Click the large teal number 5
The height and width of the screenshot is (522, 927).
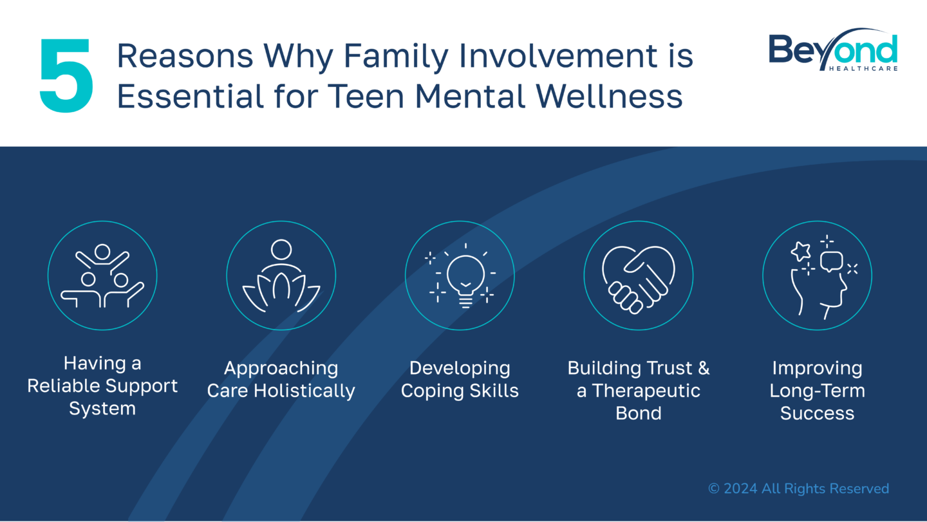[x=66, y=75]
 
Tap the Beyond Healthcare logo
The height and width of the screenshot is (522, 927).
[x=833, y=50]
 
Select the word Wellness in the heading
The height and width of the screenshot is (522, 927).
[x=609, y=97]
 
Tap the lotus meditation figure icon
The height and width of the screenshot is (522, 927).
[x=281, y=275]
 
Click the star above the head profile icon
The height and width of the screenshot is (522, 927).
[x=801, y=251]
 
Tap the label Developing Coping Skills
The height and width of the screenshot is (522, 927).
[x=460, y=379]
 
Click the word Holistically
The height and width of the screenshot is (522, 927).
[x=304, y=391]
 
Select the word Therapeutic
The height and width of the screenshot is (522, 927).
[x=646, y=391]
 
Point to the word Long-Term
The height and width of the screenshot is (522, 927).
[x=818, y=391]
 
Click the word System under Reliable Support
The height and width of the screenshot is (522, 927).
[x=102, y=409]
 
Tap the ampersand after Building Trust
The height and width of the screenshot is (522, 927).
[x=704, y=368]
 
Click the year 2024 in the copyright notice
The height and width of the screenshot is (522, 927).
[x=740, y=489]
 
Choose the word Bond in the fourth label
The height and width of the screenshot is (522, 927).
[x=638, y=413]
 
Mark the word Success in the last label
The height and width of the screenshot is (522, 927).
[x=818, y=413]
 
